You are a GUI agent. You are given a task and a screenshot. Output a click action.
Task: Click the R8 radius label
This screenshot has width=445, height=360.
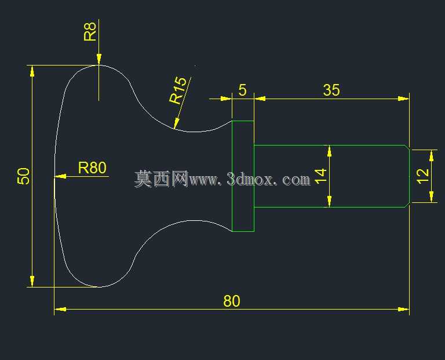[90, 32]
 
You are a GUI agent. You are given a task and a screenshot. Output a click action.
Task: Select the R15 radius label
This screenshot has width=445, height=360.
[178, 90]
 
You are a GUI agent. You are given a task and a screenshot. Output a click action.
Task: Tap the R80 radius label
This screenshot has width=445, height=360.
[92, 168]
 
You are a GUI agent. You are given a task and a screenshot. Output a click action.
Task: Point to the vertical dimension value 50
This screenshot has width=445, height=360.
[23, 176]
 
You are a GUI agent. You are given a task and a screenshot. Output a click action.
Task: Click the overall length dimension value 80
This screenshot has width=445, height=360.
[232, 301]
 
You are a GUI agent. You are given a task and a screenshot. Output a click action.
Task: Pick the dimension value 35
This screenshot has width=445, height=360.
[331, 90]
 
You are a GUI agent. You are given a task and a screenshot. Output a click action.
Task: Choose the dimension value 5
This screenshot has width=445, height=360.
[242, 90]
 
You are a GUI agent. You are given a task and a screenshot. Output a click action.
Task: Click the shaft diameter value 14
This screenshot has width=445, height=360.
[320, 176]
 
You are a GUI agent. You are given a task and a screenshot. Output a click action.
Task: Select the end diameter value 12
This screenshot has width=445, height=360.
[423, 176]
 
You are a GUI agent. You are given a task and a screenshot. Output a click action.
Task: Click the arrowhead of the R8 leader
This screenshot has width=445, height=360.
[99, 59]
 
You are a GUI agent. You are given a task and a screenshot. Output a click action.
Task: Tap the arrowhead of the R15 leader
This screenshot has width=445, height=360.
[176, 124]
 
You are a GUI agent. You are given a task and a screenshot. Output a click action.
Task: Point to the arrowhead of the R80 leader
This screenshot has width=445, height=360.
[60, 176]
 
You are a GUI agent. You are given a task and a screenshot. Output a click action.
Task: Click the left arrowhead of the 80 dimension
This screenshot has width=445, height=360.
[60, 309]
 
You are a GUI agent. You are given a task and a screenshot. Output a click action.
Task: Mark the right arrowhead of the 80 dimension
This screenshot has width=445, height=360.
[403, 309]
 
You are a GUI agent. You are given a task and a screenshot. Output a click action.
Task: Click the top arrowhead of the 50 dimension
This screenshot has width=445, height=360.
[32, 71]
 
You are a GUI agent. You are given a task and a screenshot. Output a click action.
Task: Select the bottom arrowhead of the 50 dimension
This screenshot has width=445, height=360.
[32, 281]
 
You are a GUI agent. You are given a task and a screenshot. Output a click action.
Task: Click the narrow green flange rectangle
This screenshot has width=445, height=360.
[243, 121]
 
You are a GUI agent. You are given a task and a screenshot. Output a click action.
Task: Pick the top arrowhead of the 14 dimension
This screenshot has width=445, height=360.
[329, 151]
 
